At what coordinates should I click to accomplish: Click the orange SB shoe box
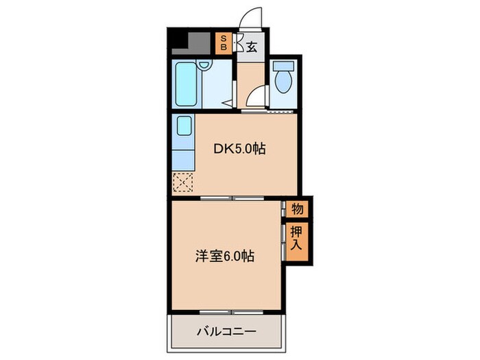click(224, 44)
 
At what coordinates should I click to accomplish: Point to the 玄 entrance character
click(252, 47)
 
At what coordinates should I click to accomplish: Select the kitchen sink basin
click(183, 128)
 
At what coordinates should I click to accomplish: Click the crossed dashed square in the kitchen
click(182, 182)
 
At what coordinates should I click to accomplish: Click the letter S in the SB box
click(224, 38)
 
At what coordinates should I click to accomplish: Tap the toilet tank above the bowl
click(282, 67)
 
